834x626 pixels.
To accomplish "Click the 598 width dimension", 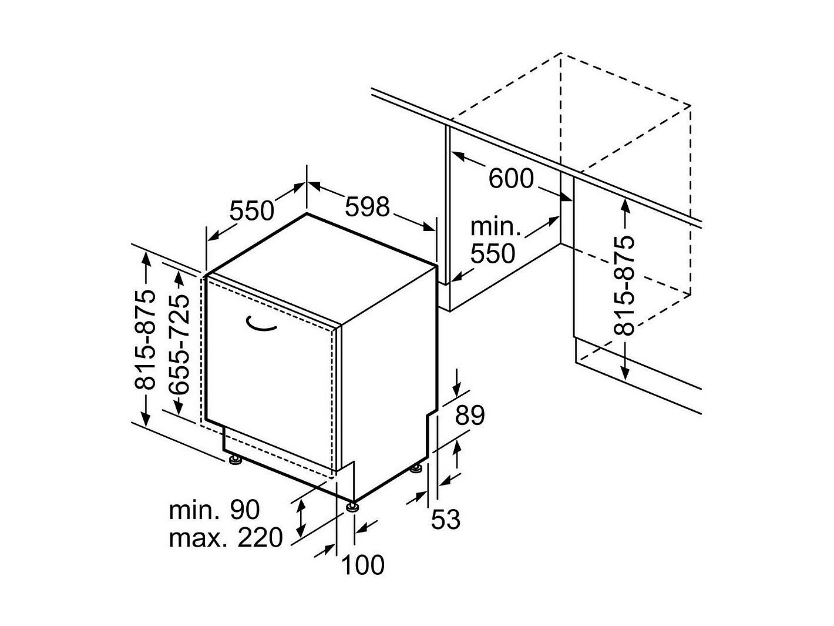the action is tap(367, 207).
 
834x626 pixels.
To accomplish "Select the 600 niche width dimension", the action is tap(511, 178).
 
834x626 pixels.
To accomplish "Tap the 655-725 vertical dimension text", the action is tap(179, 344).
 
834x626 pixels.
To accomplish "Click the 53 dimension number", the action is tap(445, 519).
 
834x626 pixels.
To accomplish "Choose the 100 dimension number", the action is tap(363, 565).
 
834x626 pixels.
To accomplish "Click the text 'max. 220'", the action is tap(226, 537).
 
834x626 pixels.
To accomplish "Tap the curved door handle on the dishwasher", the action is tap(261, 324).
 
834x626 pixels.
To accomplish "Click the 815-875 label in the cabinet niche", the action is tap(624, 286).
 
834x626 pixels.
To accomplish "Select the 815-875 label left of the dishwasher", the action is tap(146, 340).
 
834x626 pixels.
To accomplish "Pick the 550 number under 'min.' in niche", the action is tap(493, 253).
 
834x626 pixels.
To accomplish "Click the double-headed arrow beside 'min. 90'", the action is tap(301, 518).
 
